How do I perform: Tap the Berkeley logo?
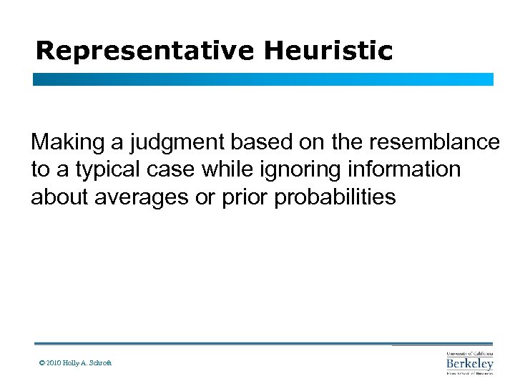469,363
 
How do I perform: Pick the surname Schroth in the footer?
99,363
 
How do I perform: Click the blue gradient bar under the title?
263,79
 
